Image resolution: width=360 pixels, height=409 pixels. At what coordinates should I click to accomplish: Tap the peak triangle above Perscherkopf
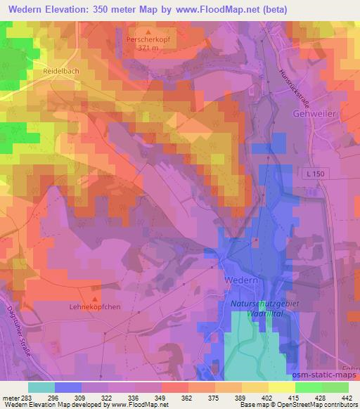click(x=148, y=32)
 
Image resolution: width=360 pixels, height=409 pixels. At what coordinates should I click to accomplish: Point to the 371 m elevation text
click(x=148, y=49)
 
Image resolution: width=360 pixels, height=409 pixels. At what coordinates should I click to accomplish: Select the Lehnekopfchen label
click(x=96, y=306)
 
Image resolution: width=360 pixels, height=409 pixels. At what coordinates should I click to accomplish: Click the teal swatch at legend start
click(x=41, y=387)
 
